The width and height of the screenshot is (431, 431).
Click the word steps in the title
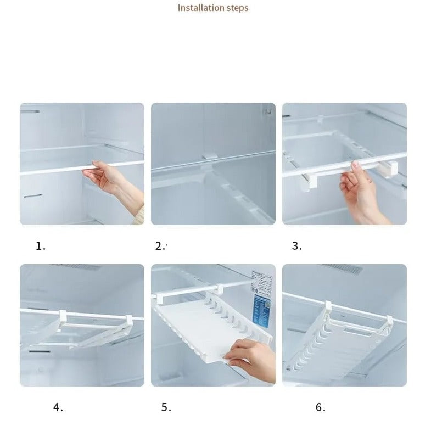(238, 8)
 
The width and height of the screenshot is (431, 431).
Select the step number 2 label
(160, 246)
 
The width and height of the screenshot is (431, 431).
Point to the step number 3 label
(296, 246)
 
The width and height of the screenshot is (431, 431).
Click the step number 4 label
(58, 407)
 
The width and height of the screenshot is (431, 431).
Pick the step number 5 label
(166, 407)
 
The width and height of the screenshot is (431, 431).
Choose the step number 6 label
(321, 407)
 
